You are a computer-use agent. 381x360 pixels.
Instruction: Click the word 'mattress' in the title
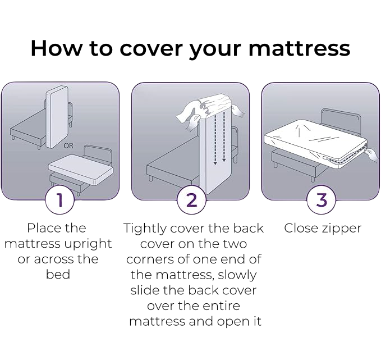300,48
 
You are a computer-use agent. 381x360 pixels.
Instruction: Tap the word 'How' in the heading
57,48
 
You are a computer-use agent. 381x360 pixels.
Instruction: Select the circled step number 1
59,200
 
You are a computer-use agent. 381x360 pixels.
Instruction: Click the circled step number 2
191,200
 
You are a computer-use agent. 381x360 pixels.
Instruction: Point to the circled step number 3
322,200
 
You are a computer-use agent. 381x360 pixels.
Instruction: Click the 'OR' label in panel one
68,145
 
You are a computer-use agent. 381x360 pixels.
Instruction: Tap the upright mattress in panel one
57,117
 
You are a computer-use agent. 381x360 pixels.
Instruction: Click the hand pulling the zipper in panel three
371,155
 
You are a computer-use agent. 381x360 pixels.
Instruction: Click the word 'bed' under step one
58,274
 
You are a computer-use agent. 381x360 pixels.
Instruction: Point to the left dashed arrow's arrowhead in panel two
215,163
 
